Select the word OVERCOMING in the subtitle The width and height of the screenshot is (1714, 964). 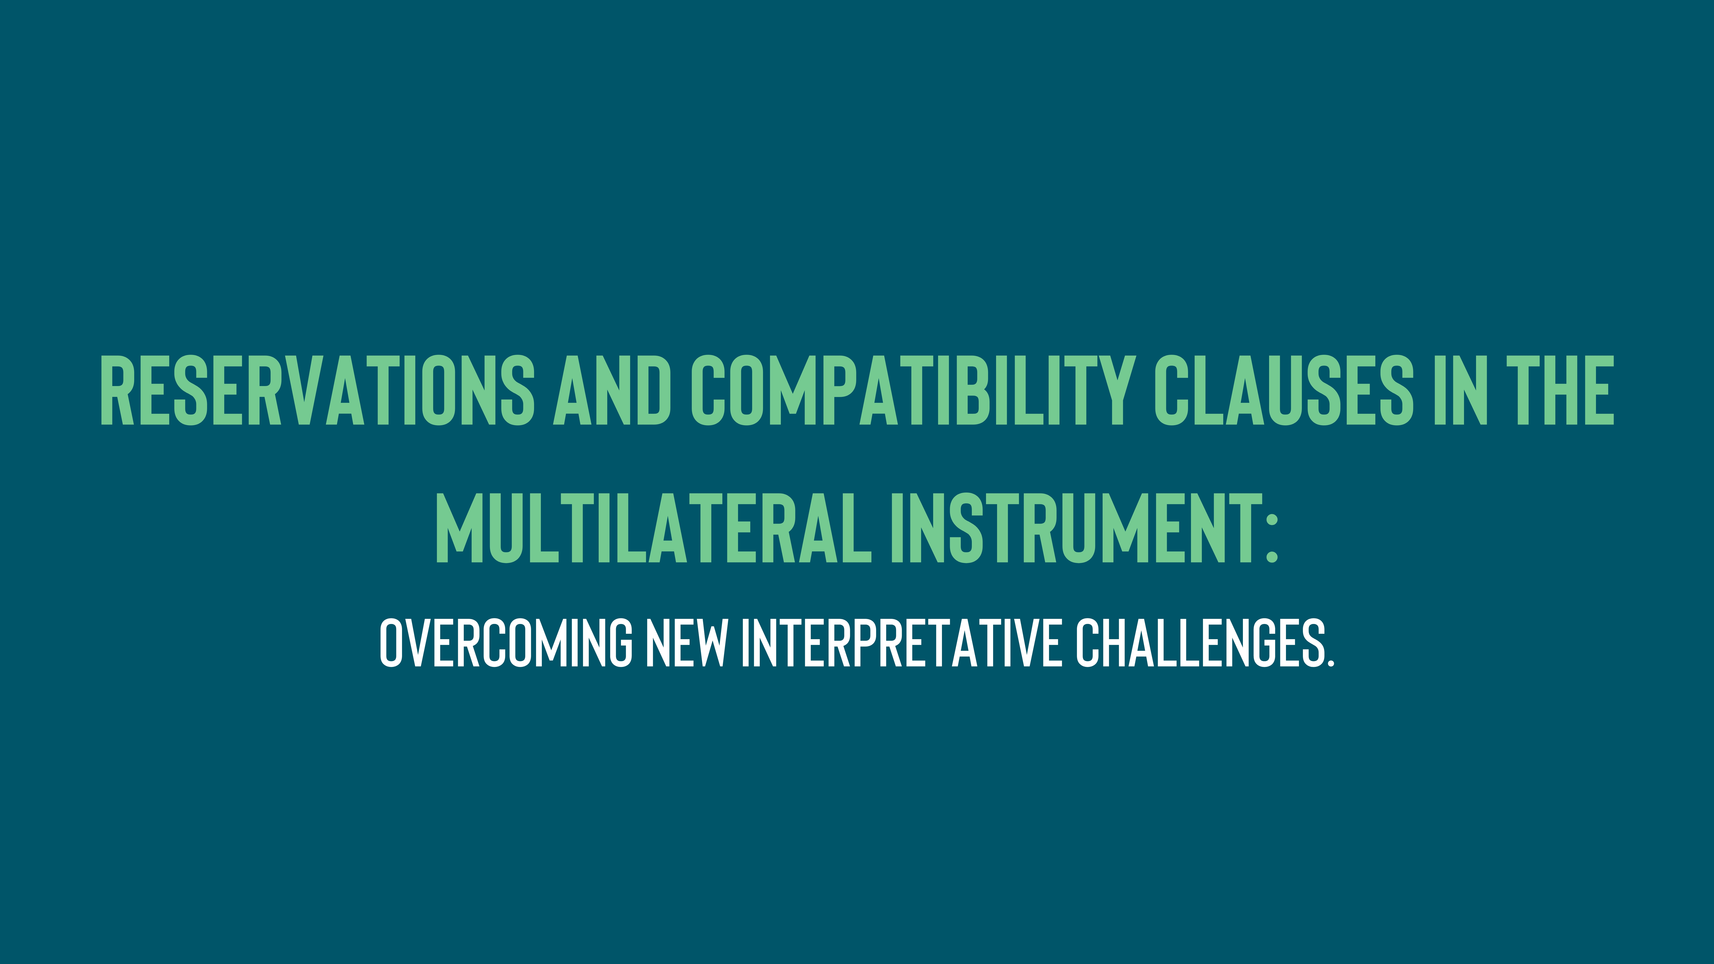tap(506, 643)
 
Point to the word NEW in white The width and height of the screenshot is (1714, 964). tap(686, 643)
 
